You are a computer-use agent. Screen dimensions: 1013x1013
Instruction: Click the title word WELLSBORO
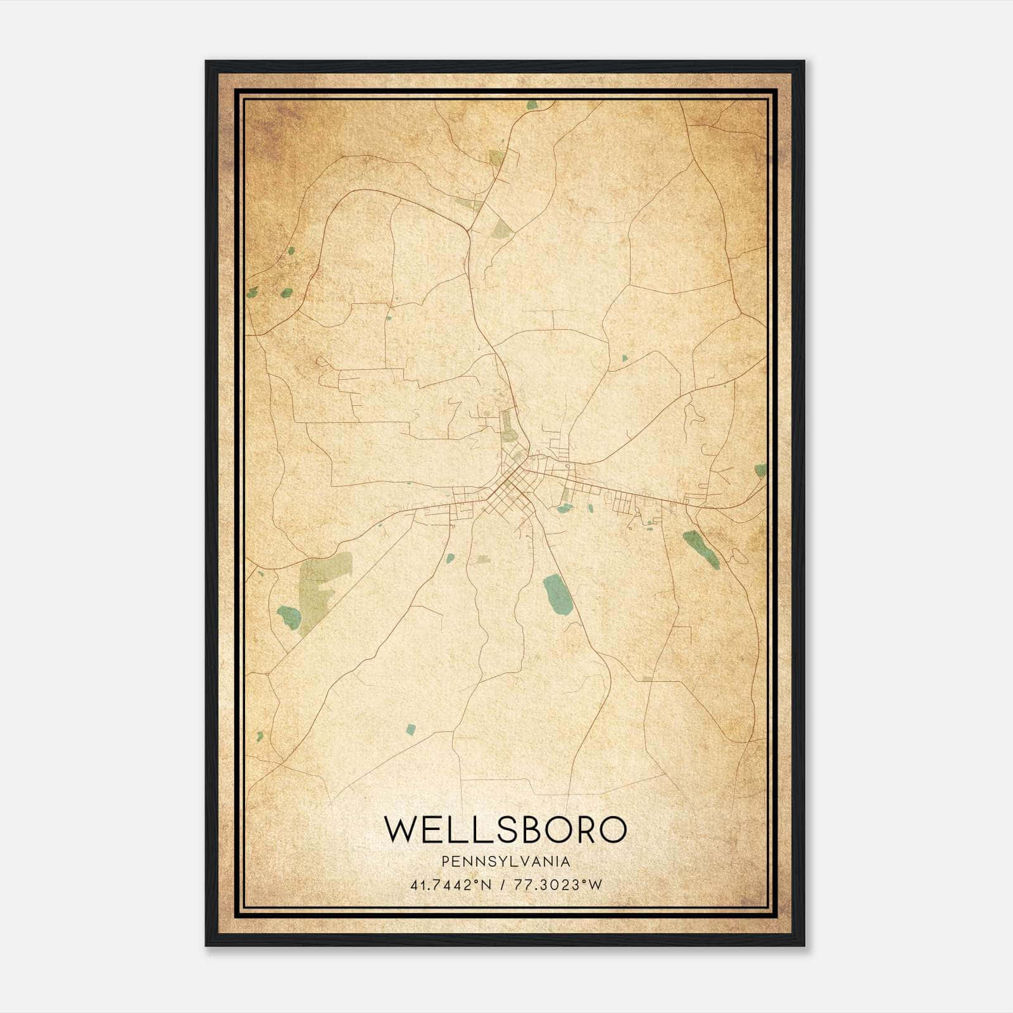[505, 829]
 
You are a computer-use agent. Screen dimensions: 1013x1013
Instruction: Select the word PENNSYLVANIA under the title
[506, 862]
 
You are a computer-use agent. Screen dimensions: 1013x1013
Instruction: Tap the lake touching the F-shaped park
[289, 617]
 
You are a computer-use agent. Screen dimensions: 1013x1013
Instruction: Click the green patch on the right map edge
[760, 470]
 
